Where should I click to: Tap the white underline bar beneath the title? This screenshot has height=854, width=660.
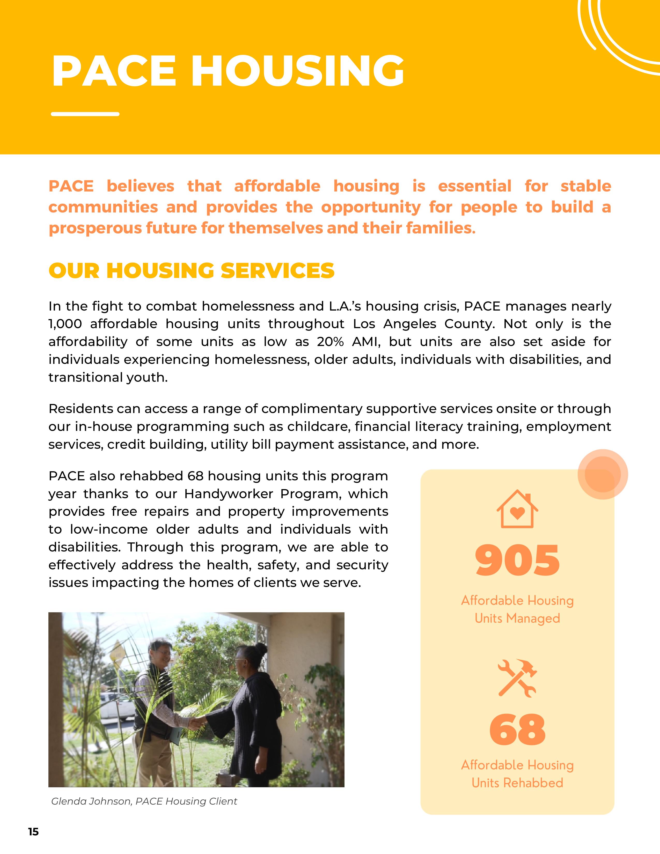coord(85,114)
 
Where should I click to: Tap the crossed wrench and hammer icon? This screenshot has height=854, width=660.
coord(517,679)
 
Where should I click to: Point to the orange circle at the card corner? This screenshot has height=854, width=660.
coord(603,474)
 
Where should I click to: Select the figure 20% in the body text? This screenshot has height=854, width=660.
coord(331,342)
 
